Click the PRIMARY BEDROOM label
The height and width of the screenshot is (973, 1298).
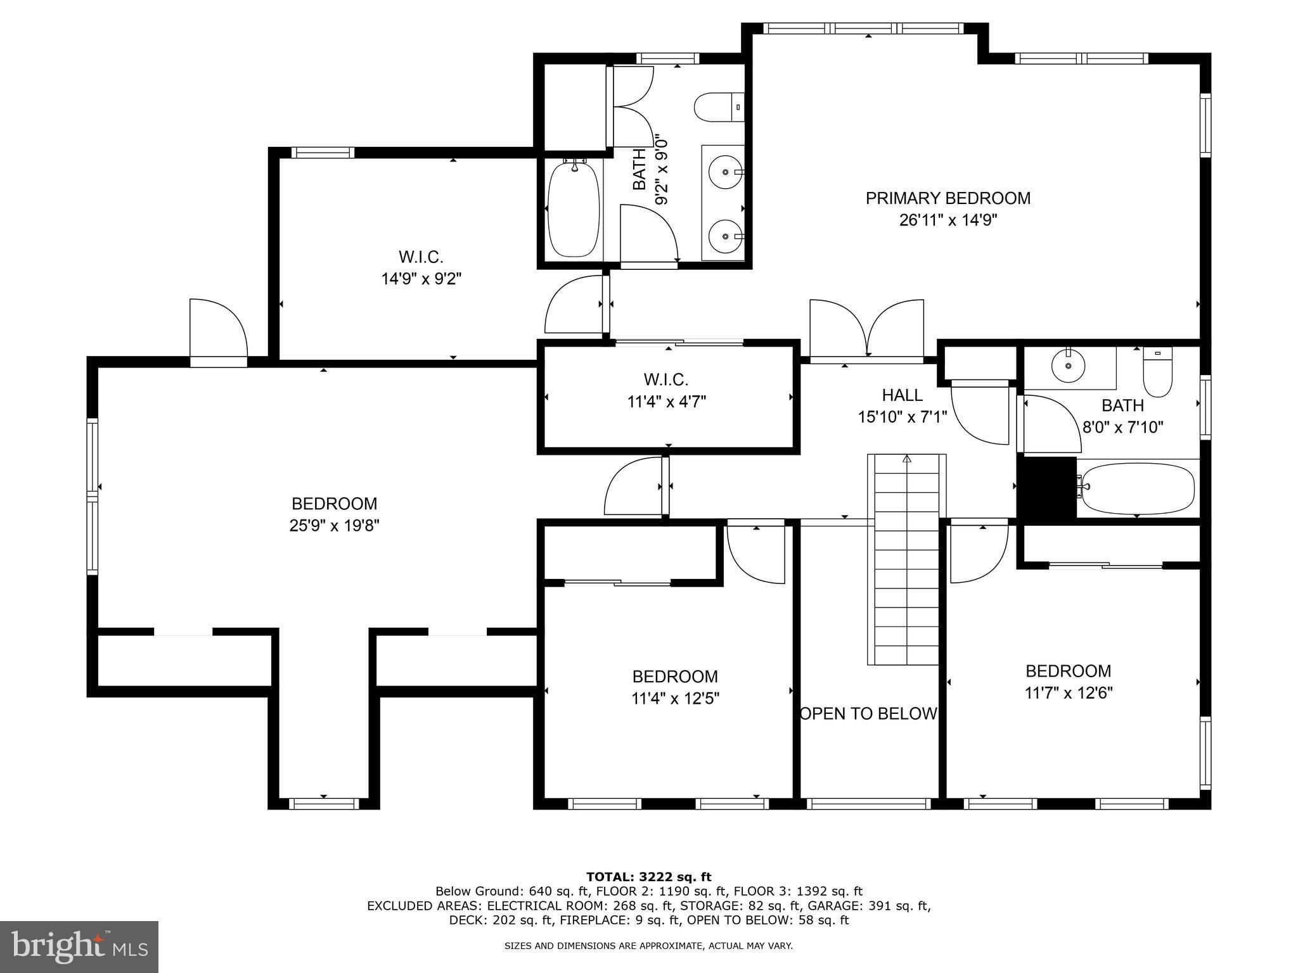coord(948,198)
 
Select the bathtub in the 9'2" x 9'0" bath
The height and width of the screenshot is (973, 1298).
coord(573,209)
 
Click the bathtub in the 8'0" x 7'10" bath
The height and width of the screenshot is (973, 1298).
coord(1138,488)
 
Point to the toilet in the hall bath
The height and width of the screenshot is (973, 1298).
coord(1157,374)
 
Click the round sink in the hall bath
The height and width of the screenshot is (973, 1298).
coord(1068,366)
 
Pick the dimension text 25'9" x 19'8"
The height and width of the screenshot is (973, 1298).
coord(334,526)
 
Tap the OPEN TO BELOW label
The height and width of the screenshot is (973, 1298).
coord(868,714)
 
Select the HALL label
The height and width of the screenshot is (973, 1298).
coord(902,395)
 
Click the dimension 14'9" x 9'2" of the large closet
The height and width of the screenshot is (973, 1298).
coord(421,279)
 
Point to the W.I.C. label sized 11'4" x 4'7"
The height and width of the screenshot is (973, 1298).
coord(665,379)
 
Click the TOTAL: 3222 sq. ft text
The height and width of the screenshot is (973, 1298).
coord(648,877)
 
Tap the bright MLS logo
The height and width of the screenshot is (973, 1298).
coord(79,946)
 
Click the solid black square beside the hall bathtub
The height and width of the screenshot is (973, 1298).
coord(1046,488)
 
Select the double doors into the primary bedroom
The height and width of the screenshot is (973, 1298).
coord(866,331)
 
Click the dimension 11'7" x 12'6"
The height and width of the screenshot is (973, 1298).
coord(1069,693)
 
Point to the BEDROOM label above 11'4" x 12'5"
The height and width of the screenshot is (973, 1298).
coord(675,677)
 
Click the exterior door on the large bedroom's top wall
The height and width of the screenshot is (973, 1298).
coord(217,333)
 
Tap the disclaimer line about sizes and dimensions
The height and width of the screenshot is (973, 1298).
coord(648,946)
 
